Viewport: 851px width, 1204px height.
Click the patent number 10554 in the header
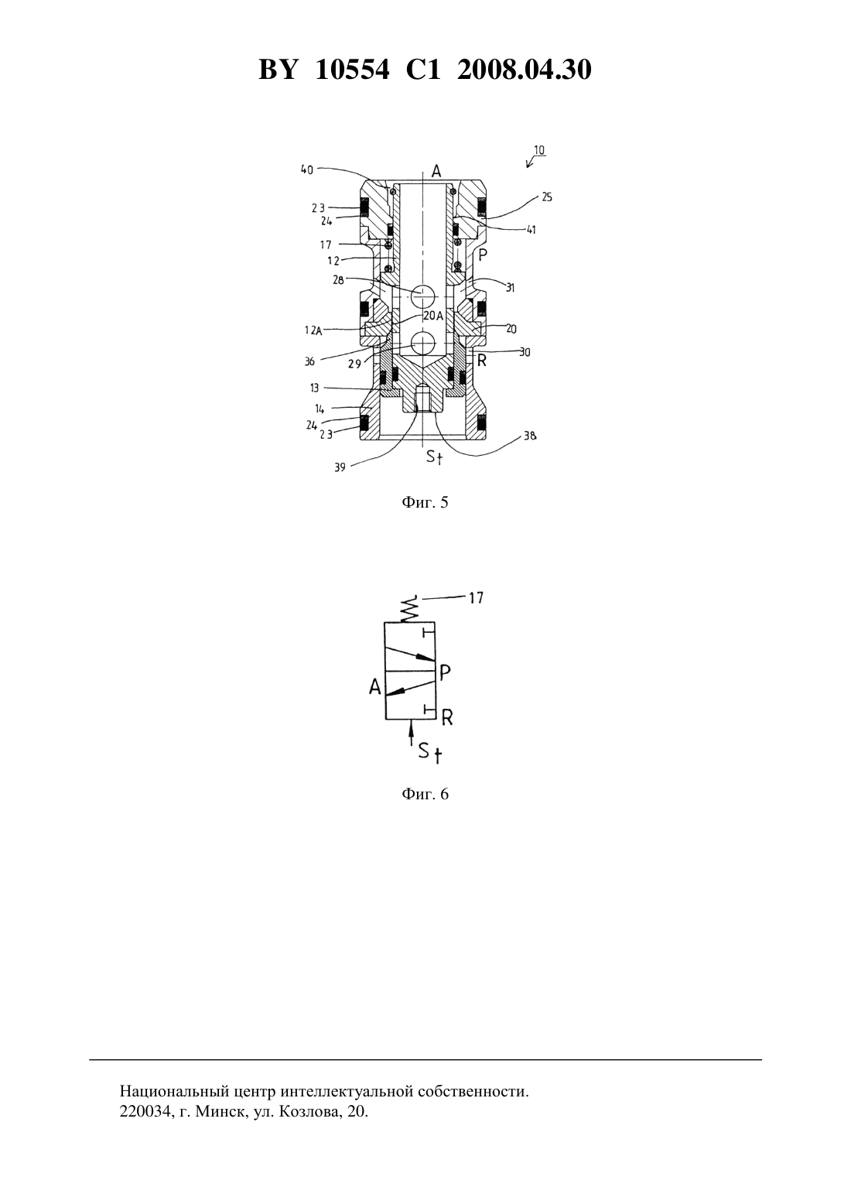pyautogui.click(x=352, y=70)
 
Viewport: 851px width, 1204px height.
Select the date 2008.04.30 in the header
pyautogui.click(x=525, y=70)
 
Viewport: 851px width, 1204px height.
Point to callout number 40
pyautogui.click(x=307, y=170)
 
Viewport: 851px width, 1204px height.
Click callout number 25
pyautogui.click(x=546, y=197)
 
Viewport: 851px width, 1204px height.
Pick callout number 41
pyautogui.click(x=531, y=230)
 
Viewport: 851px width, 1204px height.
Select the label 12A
pyautogui.click(x=313, y=331)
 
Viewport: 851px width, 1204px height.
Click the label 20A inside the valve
pyautogui.click(x=433, y=316)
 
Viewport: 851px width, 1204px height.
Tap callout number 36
pyautogui.click(x=309, y=361)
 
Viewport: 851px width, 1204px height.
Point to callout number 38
pyautogui.click(x=530, y=436)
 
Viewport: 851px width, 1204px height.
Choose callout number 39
pyautogui.click(x=340, y=467)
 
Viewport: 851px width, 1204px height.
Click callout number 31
pyautogui.click(x=510, y=288)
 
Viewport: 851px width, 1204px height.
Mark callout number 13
pyautogui.click(x=314, y=388)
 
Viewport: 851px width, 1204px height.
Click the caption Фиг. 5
pyautogui.click(x=425, y=502)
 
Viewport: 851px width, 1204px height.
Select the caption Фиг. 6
pyautogui.click(x=425, y=794)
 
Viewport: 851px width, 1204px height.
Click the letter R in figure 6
pyautogui.click(x=447, y=717)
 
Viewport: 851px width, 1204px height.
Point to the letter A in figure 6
pyautogui.click(x=375, y=686)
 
